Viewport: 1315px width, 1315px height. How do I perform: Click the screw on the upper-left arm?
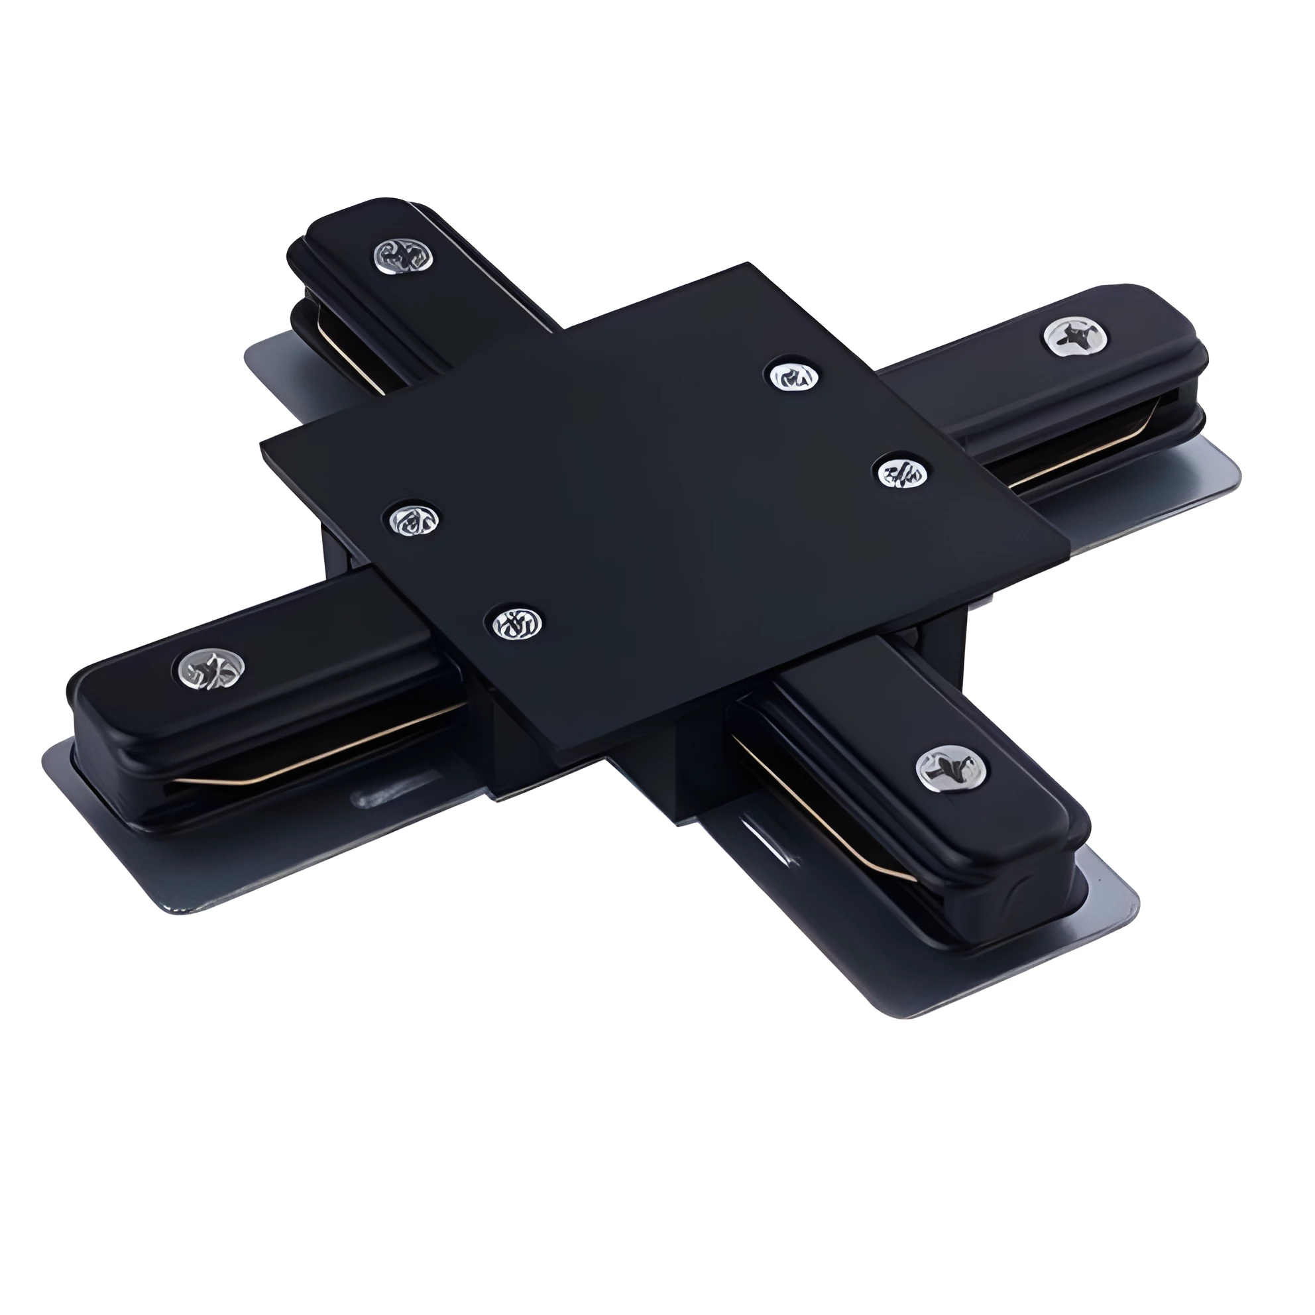[x=404, y=255]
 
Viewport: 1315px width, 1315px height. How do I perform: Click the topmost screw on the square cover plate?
[x=793, y=376]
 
